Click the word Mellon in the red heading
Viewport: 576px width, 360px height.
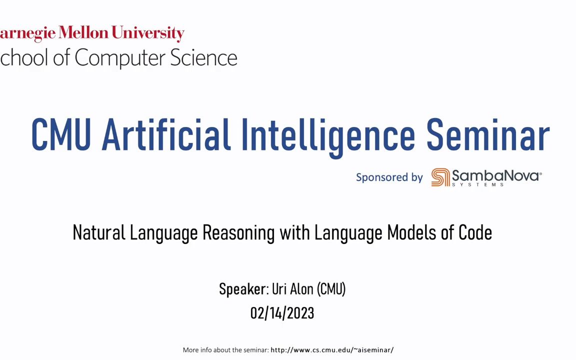[83, 32]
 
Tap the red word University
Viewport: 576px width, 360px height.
[147, 34]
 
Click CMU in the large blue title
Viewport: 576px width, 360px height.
[61, 134]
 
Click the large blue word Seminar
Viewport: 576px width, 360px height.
[487, 134]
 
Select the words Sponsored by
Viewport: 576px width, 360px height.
[389, 177]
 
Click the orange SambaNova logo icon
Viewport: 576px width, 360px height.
[440, 177]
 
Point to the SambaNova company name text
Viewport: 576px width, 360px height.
[496, 175]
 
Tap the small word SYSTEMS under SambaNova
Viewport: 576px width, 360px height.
[477, 184]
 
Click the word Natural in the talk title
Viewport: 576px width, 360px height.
[99, 232]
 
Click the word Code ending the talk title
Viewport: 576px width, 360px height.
[475, 232]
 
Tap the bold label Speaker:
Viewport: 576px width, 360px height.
[244, 289]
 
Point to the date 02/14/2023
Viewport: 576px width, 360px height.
[282, 313]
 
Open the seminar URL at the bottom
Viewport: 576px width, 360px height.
[332, 350]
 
